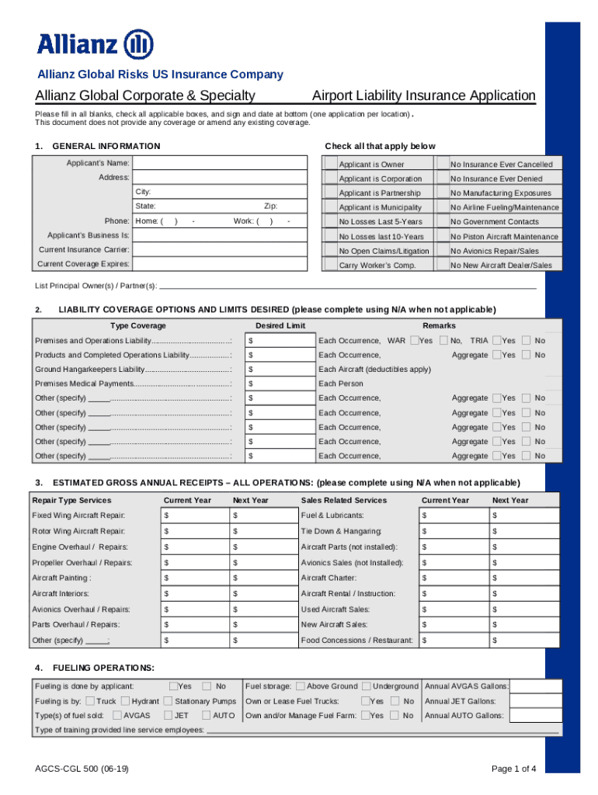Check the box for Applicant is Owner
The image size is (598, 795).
click(330, 164)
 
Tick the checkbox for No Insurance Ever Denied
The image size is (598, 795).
click(443, 179)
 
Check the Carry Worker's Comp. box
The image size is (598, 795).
click(330, 265)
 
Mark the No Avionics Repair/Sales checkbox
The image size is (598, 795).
click(443, 251)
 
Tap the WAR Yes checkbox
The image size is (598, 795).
click(415, 340)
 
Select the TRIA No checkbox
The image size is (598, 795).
click(527, 340)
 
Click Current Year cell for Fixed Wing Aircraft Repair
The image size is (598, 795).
click(194, 516)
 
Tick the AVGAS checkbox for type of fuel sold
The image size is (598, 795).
click(116, 715)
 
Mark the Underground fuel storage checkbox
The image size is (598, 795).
click(366, 686)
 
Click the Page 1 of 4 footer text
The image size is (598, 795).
click(513, 769)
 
